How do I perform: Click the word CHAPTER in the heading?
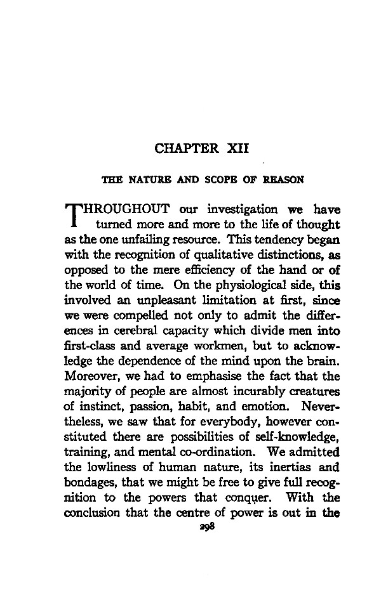[184, 150]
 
